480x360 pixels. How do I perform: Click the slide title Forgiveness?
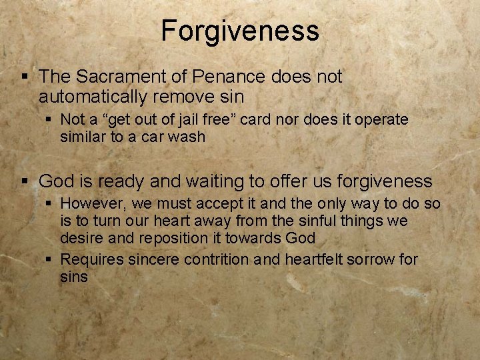(240, 31)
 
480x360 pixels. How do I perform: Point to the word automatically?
(93, 97)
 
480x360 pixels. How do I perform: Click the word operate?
(381, 120)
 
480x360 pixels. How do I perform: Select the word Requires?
(92, 259)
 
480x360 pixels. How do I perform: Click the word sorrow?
(370, 259)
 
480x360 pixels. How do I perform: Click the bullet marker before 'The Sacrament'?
(26, 77)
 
